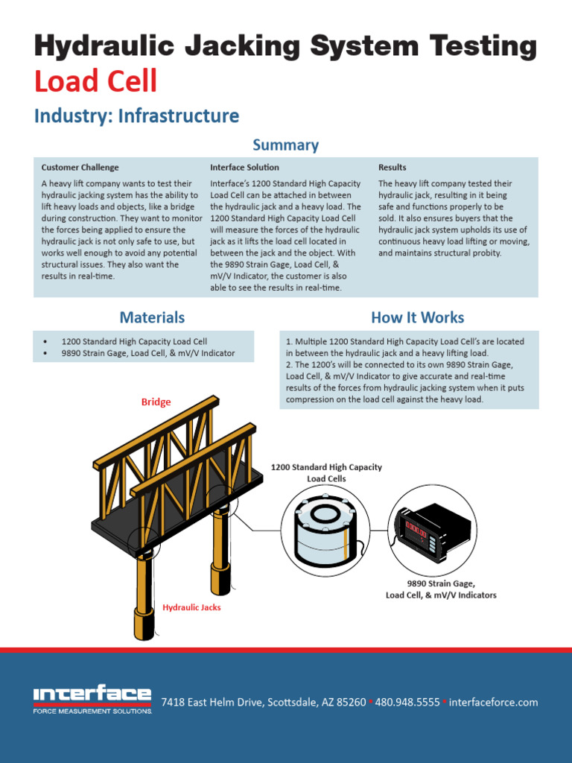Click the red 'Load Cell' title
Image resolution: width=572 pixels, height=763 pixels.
pos(95,81)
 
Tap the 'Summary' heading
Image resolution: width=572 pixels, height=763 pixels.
pos(285,145)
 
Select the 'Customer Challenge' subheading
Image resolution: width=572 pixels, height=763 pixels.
pos(80,168)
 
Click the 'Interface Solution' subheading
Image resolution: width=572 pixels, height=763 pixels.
pos(244,168)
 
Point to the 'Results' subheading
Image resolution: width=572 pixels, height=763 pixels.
pos(392,168)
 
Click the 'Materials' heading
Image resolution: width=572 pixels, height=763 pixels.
pos(152,317)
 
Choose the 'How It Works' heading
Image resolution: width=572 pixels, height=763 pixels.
pos(417,317)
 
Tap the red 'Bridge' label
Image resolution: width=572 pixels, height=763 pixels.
pos(156,402)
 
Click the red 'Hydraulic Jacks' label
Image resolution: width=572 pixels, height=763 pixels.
pos(191,607)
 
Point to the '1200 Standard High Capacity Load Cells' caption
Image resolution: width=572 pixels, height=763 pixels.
pos(326,472)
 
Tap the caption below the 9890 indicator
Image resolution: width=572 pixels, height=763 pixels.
pos(440,589)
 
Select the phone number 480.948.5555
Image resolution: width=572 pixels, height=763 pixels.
pos(407,702)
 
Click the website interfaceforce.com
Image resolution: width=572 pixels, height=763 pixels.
pos(493,702)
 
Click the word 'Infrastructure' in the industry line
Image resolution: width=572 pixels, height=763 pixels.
pos(179,116)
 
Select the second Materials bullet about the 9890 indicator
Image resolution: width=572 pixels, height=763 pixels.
pos(147,353)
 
